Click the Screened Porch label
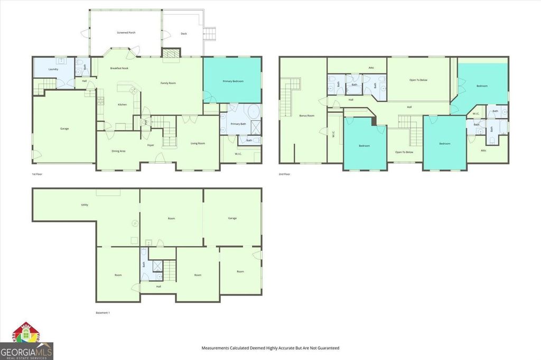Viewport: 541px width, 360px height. click(126, 33)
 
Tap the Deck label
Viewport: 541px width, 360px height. click(183, 33)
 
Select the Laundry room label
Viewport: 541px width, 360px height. click(53, 69)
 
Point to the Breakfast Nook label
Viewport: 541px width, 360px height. click(119, 69)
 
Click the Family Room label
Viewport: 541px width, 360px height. click(169, 83)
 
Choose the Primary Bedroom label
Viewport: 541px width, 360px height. click(232, 81)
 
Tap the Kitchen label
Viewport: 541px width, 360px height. click(122, 105)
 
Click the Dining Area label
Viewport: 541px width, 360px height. click(118, 151)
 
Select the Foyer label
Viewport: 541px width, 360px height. click(151, 145)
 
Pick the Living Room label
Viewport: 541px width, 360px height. click(198, 143)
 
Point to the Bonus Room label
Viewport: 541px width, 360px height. click(306, 115)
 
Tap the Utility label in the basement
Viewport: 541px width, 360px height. click(85, 205)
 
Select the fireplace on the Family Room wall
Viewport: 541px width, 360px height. click(170, 53)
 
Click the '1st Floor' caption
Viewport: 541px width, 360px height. click(38, 174)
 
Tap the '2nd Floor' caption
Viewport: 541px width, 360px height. click(284, 174)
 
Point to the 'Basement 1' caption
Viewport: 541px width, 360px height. click(102, 313)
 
